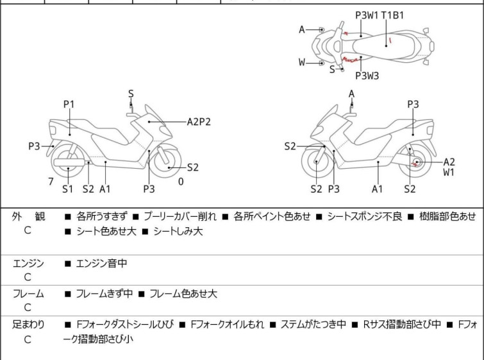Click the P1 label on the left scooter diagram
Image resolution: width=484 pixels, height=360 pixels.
69,104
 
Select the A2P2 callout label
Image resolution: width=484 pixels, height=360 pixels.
199,121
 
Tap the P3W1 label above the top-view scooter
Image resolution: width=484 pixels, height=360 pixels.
366,15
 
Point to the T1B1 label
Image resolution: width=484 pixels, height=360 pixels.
392,15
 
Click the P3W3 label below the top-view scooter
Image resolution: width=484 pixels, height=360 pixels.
367,76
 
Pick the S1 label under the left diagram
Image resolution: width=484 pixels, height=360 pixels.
68,189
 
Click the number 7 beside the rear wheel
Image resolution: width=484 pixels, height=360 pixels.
51,182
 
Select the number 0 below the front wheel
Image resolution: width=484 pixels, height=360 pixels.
181,182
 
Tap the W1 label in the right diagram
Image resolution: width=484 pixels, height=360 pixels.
449,173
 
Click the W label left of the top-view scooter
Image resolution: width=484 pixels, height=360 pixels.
302,63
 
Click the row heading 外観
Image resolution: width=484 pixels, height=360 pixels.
28,217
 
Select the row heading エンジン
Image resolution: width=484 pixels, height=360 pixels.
28,263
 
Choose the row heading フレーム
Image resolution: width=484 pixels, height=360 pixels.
28,294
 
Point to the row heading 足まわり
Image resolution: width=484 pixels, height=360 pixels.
28,325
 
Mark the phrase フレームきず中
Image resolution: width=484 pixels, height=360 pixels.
104,294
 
